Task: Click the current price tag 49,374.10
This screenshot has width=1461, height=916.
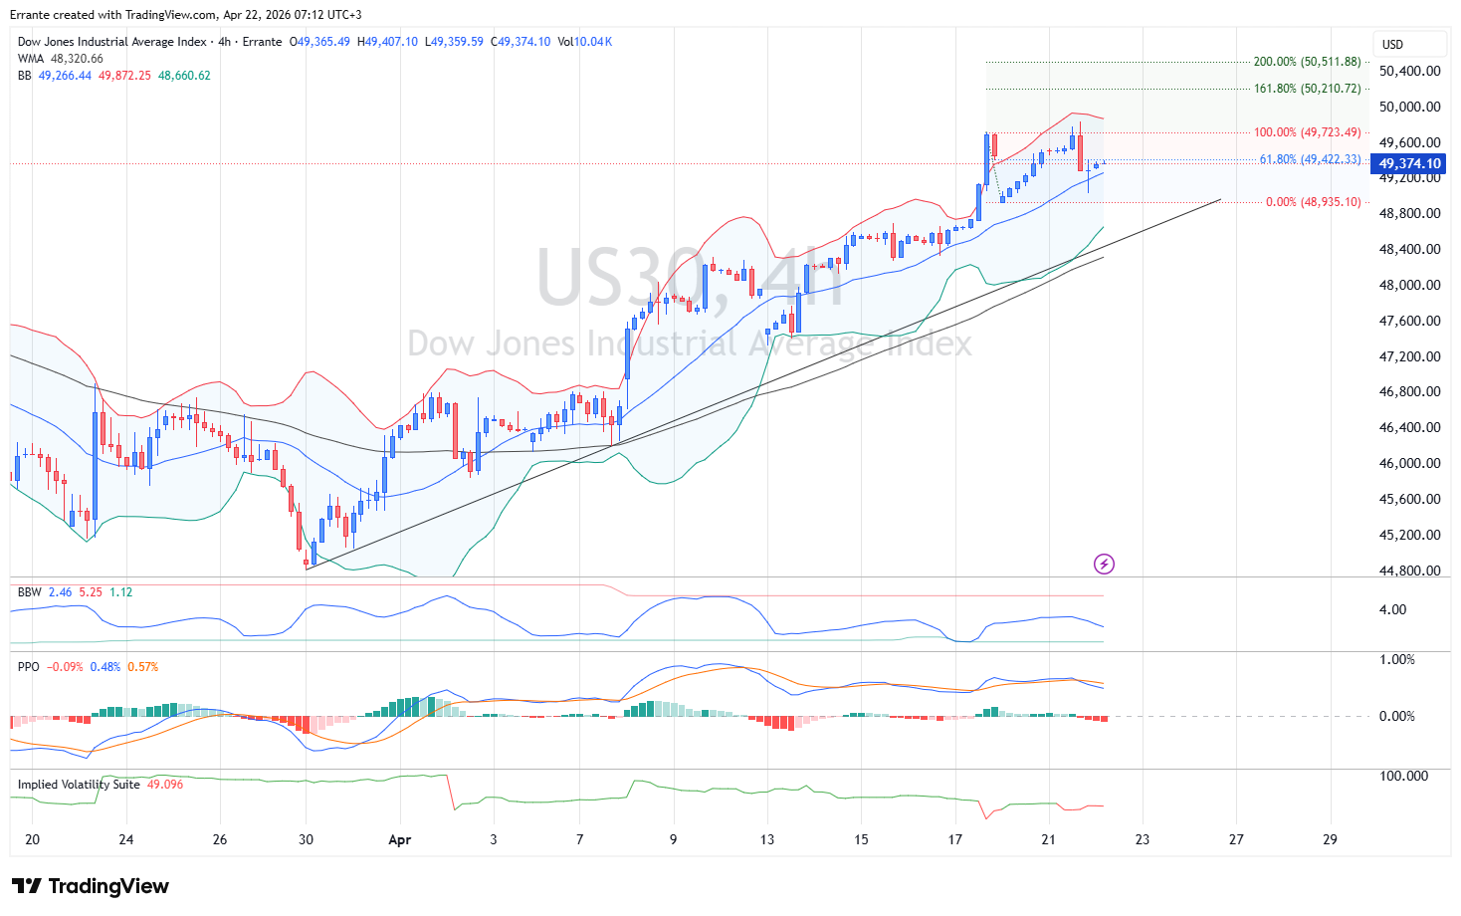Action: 1409,164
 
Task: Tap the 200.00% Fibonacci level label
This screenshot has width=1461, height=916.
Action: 1307,62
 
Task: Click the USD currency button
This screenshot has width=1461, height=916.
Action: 1393,45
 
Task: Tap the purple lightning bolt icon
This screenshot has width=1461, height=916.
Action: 1104,565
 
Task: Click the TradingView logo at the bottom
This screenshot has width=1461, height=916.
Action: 91,886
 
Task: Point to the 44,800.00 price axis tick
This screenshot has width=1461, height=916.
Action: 1409,571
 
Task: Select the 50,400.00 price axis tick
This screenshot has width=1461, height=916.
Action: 1409,71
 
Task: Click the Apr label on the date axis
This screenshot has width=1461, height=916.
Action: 399,839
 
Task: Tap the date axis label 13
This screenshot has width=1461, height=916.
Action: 766,839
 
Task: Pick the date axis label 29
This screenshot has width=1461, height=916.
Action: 1330,839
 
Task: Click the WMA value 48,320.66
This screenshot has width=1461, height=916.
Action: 77,59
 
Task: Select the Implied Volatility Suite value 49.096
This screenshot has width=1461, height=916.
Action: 165,785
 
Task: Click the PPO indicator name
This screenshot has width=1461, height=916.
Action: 28,667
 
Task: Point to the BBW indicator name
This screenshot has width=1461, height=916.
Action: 29,592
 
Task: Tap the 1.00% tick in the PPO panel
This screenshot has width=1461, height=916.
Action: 1396,659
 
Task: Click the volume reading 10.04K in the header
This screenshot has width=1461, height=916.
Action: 594,42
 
